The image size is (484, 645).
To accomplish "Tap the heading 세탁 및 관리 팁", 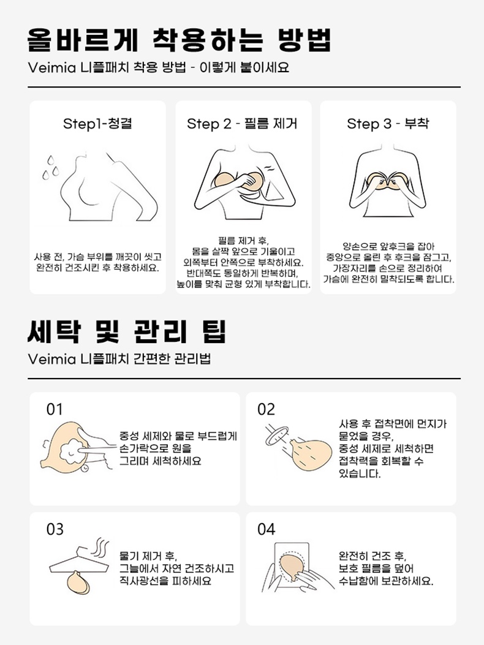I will pyautogui.click(x=127, y=331).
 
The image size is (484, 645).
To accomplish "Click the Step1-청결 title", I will pyautogui.click(x=97, y=124).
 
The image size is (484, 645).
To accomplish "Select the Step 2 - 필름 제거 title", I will pyautogui.click(x=242, y=124).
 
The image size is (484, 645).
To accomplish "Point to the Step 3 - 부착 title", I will pyautogui.click(x=387, y=124).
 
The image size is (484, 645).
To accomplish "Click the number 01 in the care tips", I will pyautogui.click(x=55, y=409).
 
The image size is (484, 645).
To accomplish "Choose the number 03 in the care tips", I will pyautogui.click(x=55, y=529).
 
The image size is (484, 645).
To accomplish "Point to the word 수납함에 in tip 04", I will pyautogui.click(x=361, y=581).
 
